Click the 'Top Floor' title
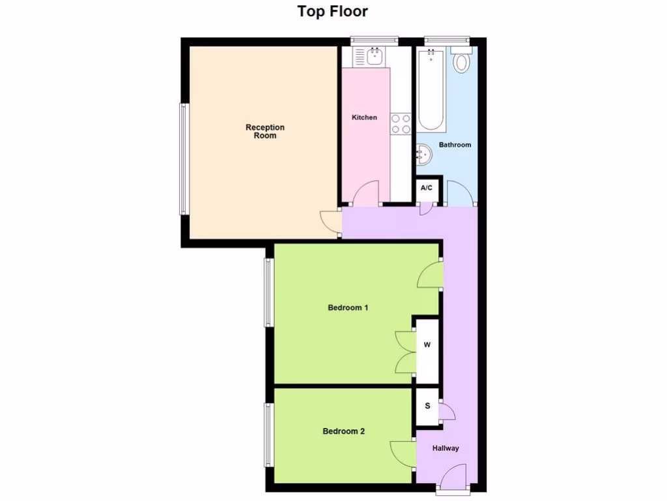(333, 11)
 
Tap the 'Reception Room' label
(265, 131)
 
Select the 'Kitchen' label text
(364, 117)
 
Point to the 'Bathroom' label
(455, 145)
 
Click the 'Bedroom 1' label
(348, 307)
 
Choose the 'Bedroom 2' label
(344, 431)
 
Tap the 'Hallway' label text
(446, 448)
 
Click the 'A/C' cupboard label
(427, 189)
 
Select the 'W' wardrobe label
(427, 345)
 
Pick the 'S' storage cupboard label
(428, 406)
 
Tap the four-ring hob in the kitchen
(400, 123)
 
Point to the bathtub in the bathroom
(431, 91)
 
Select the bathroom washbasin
(424, 155)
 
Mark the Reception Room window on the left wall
(184, 159)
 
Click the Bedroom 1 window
(268, 292)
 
